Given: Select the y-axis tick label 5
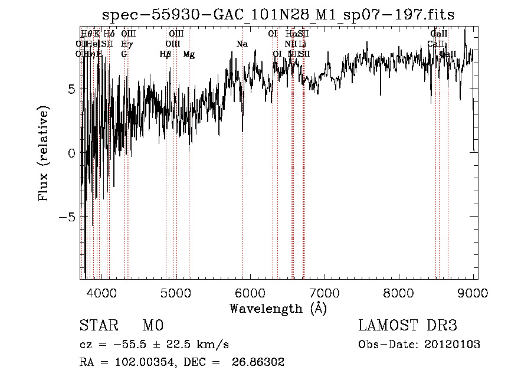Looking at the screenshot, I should click(71, 89).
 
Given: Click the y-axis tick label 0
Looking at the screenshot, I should click(71, 153).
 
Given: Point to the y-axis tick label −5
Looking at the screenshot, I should click(68, 217).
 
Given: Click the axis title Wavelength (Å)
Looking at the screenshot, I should click(278, 308).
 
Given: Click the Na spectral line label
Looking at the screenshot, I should click(242, 44).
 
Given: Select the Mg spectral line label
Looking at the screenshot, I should click(189, 54).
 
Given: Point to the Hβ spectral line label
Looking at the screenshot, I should click(165, 54).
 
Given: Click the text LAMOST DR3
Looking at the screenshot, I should click(408, 326).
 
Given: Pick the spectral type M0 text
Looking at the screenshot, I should click(152, 326).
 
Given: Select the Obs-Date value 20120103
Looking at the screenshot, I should click(455, 345).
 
